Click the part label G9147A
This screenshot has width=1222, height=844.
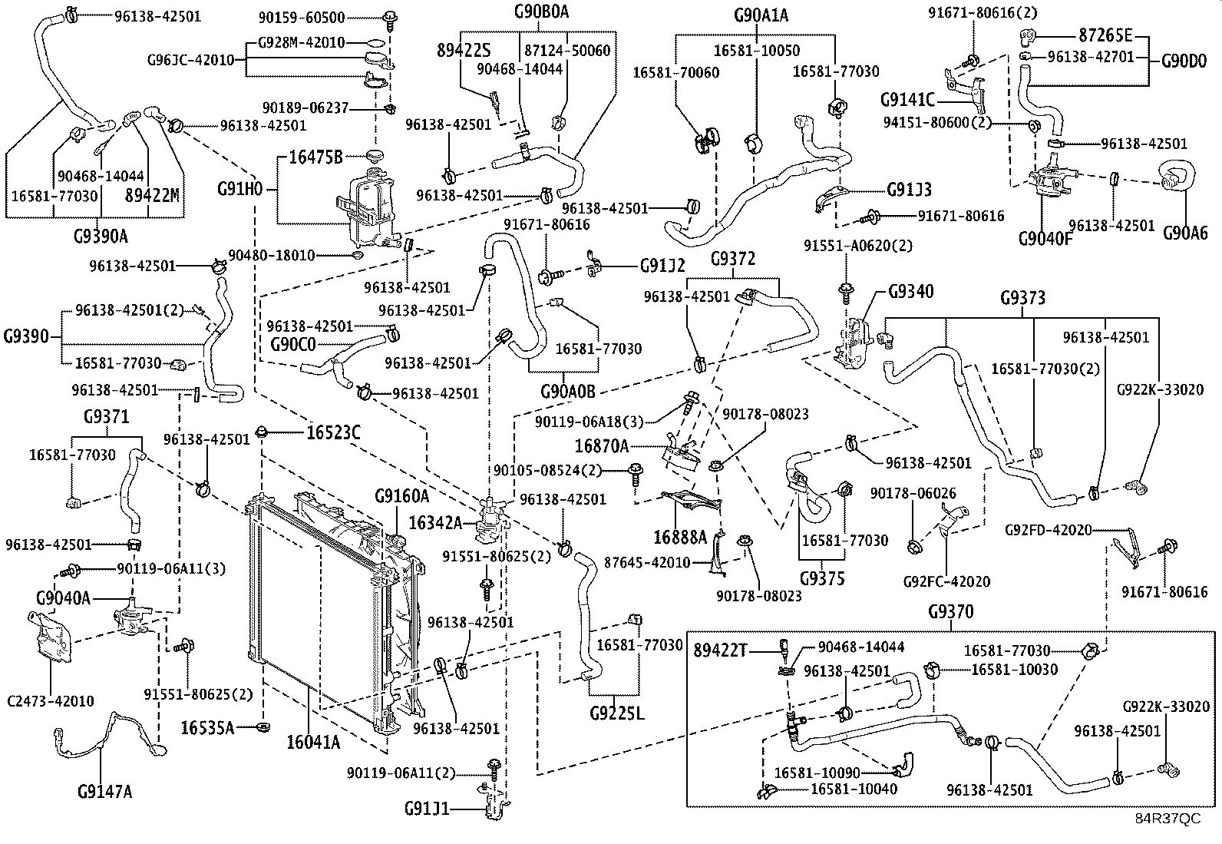point(105,790)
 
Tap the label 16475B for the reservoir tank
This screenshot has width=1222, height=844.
point(315,157)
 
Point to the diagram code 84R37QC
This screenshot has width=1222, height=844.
point(1168,819)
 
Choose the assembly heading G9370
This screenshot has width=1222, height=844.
point(950,612)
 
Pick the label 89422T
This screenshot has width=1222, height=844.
point(720,650)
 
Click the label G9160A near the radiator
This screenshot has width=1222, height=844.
point(401,496)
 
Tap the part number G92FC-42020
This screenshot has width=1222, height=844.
point(946,581)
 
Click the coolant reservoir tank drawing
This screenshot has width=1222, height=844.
point(367,207)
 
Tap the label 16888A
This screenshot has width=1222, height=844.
point(680,536)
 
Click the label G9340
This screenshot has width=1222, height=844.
point(911,291)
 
